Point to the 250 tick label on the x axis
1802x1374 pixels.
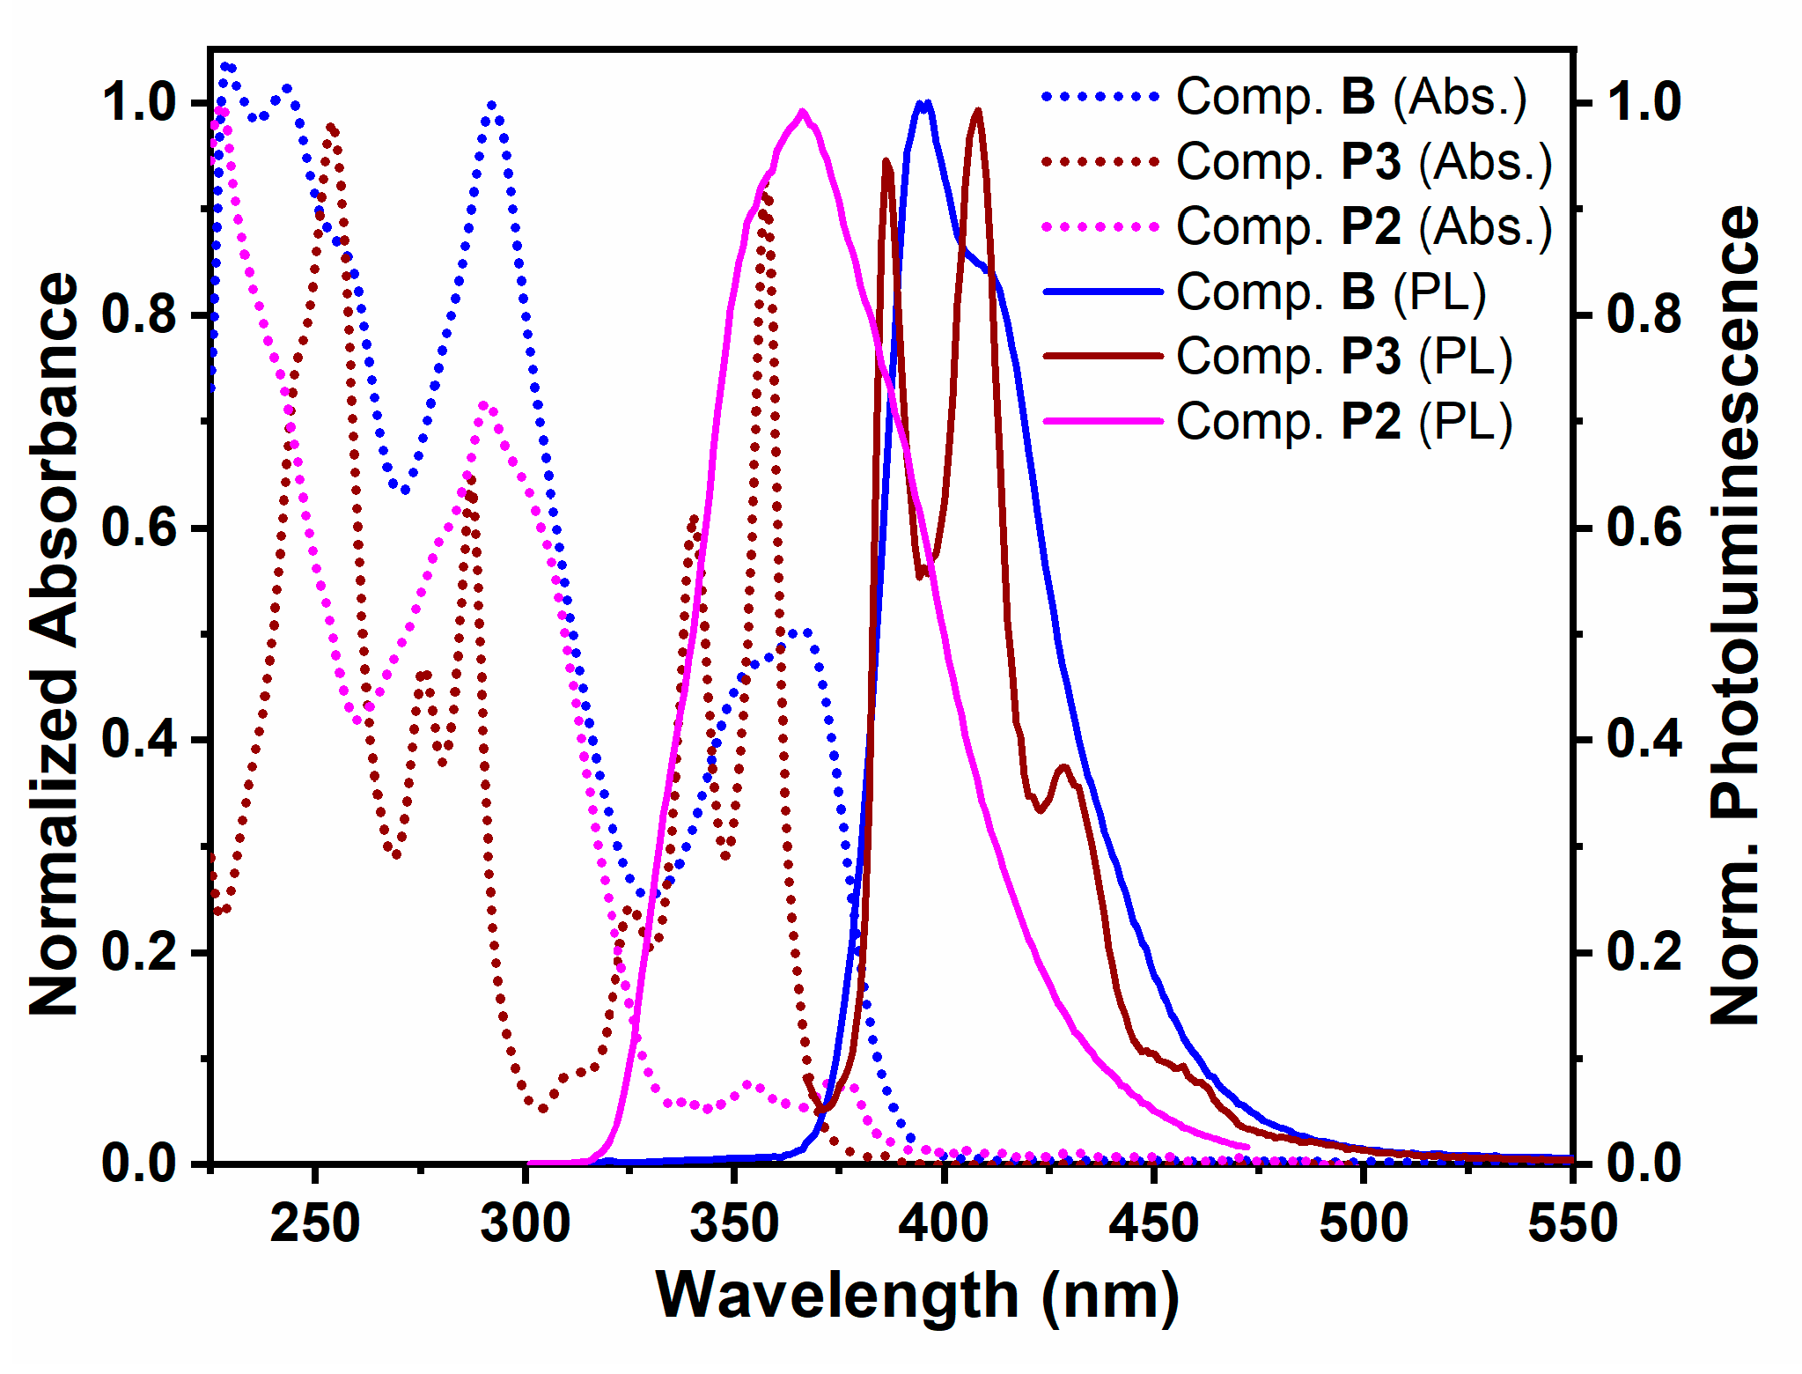coord(314,1223)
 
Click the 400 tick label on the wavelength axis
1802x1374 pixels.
coord(944,1223)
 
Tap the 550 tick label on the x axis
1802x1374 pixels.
coord(1572,1223)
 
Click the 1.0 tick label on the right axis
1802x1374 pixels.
coord(1643,102)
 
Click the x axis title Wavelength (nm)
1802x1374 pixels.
coord(917,1296)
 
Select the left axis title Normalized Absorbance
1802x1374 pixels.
coord(55,643)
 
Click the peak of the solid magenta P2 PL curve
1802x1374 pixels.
coord(802,112)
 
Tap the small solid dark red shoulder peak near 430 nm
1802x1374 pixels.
coord(1065,767)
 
